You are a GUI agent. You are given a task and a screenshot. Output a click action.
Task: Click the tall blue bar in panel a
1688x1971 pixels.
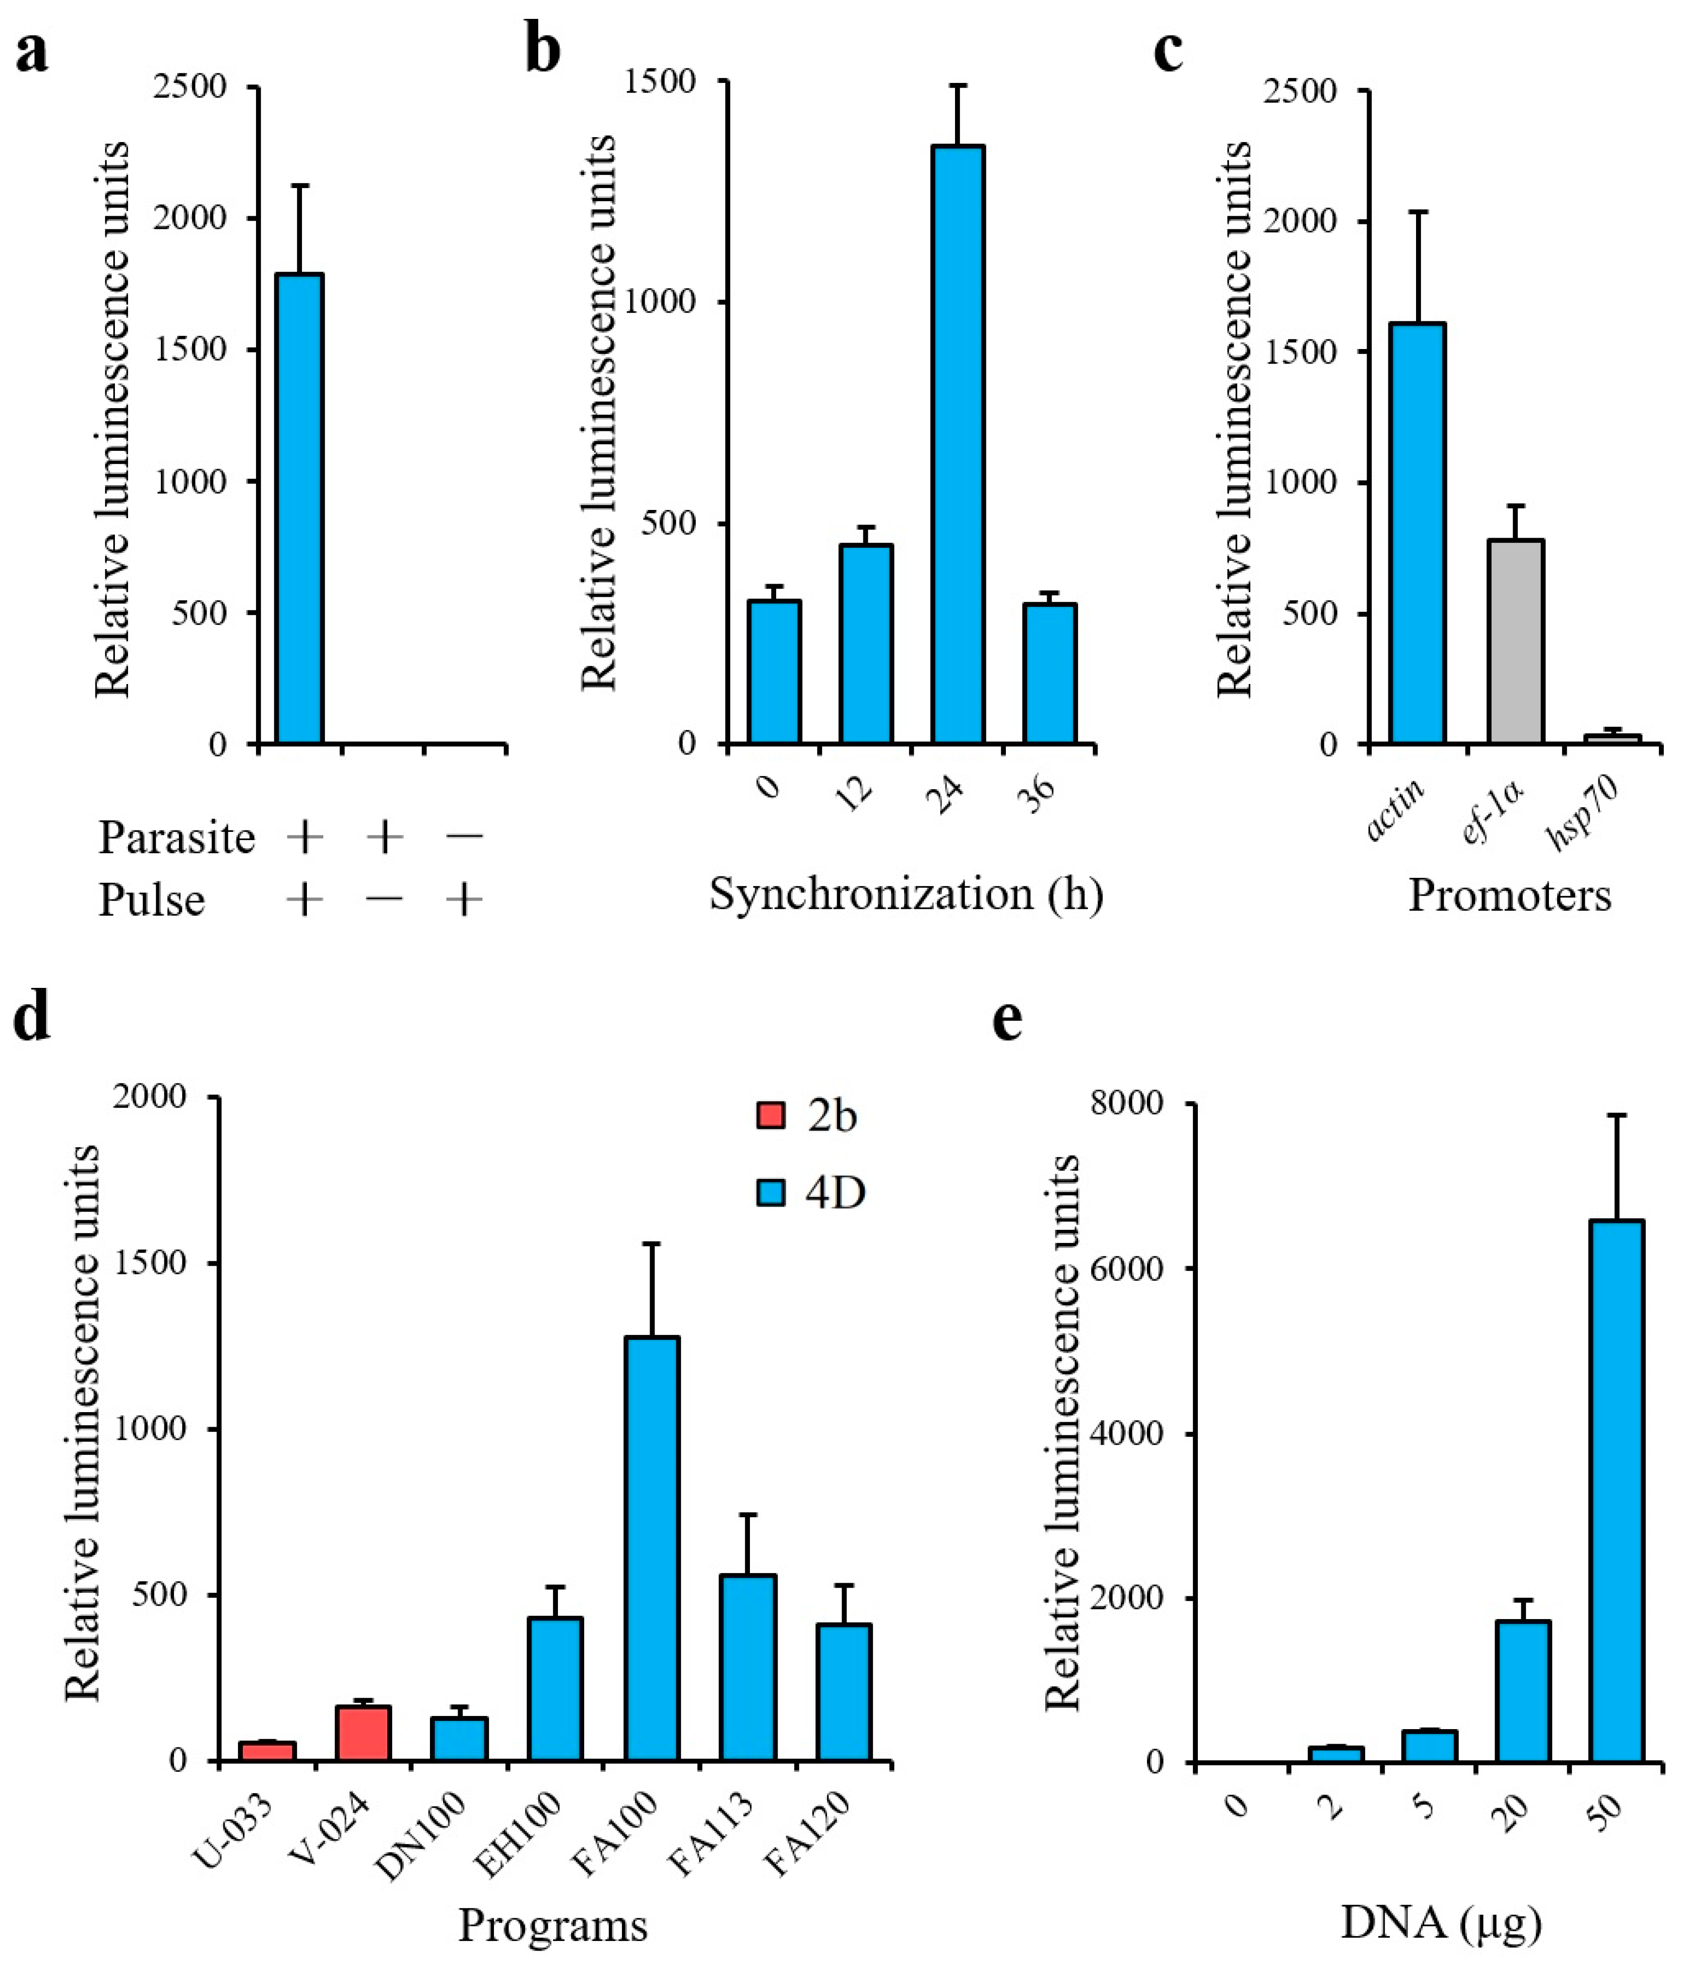pos(299,509)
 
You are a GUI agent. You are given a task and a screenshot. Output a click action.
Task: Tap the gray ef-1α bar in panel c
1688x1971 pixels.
pos(1515,642)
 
